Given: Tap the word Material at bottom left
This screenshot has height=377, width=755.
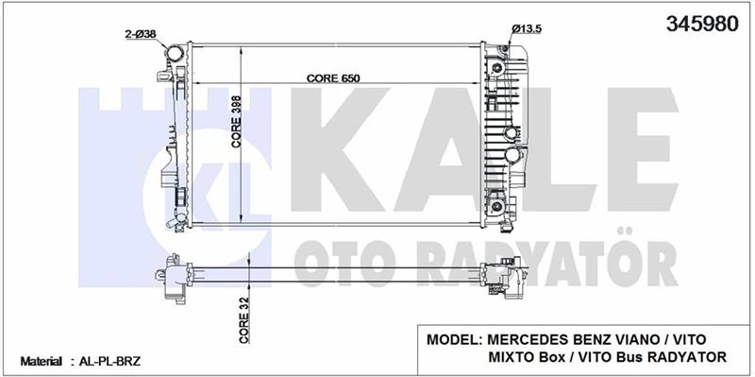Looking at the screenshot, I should (41, 362).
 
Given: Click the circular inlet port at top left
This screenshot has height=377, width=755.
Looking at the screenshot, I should (176, 54).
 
